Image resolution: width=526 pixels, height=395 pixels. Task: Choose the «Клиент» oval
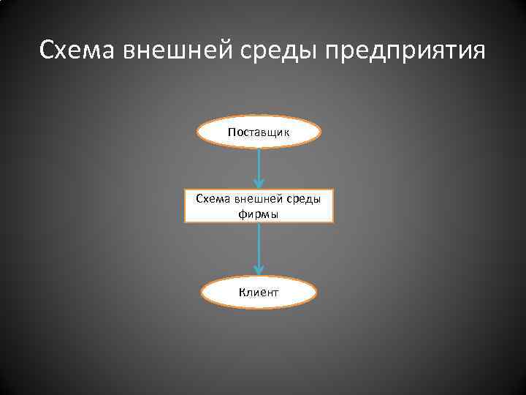[x=259, y=293]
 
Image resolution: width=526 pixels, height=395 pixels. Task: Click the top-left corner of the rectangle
[x=186, y=189]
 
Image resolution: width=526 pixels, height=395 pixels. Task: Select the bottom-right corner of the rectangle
[x=333, y=222]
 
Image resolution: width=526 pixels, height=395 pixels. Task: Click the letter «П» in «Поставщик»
[x=232, y=132]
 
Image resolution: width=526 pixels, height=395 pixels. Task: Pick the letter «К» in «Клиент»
[x=241, y=293]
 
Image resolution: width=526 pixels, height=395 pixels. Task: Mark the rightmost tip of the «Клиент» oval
[x=317, y=293]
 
